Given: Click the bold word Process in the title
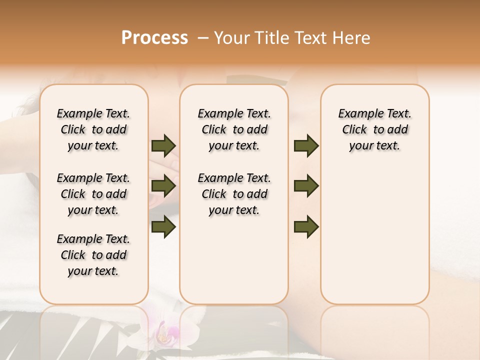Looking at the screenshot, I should pos(154,38).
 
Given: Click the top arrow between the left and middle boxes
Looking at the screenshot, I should pos(163,146).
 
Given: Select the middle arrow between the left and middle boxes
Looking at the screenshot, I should pos(163,186).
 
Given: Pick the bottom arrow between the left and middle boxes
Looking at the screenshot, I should pos(163,226).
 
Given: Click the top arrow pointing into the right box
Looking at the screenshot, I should pos(306,146).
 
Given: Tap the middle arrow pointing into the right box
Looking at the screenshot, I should pos(306,186).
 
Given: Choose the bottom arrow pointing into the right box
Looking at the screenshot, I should pos(306,226).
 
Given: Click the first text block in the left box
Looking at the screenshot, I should pos(93,129).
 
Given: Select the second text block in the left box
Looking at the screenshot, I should pos(93,194).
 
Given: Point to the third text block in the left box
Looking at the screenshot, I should pos(93,255).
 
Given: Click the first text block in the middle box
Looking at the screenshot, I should pos(234,129).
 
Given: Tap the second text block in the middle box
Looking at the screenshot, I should pos(234,194).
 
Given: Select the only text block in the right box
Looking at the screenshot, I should pos(375,129).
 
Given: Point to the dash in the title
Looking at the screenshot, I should pos(203,38).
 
